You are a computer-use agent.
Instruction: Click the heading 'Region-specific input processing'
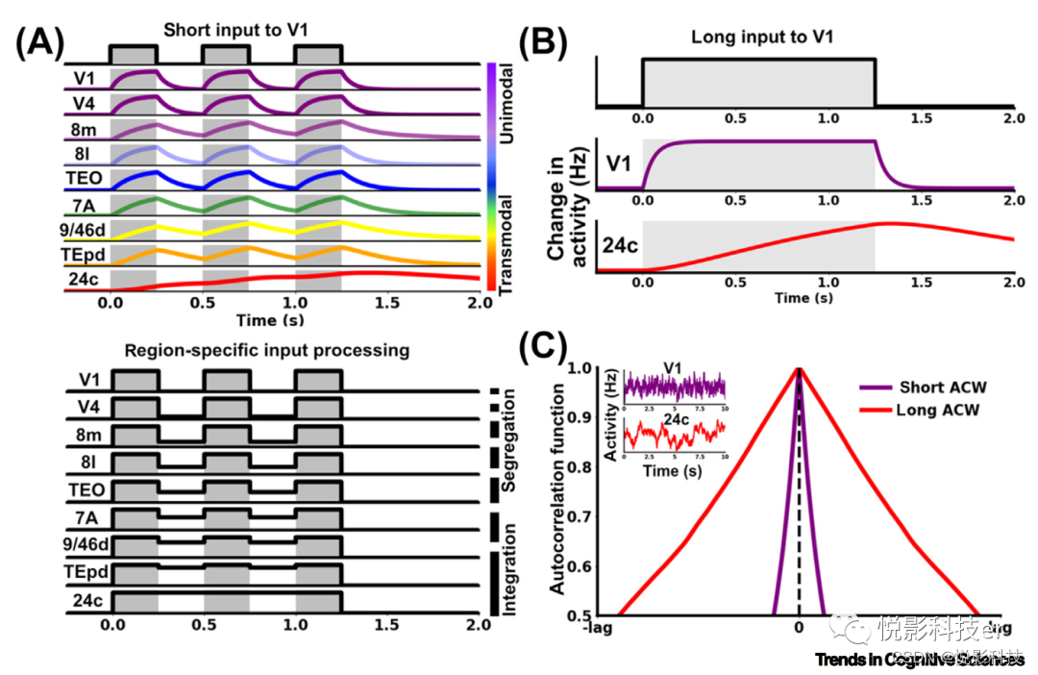click(266, 351)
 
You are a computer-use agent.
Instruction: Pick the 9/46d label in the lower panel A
click(86, 545)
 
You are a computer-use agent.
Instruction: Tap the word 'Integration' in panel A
click(509, 562)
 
